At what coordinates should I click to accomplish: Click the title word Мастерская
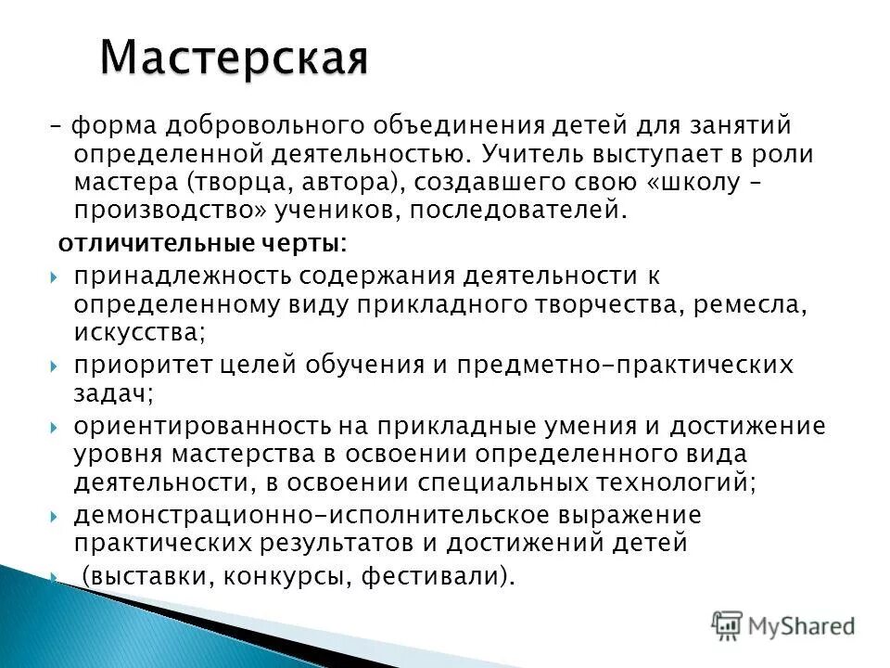(234, 58)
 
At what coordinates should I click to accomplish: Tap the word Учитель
(535, 153)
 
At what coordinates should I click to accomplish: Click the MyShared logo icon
(728, 625)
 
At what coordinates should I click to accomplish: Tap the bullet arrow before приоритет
(55, 366)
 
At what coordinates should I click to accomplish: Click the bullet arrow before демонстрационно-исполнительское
(55, 516)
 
